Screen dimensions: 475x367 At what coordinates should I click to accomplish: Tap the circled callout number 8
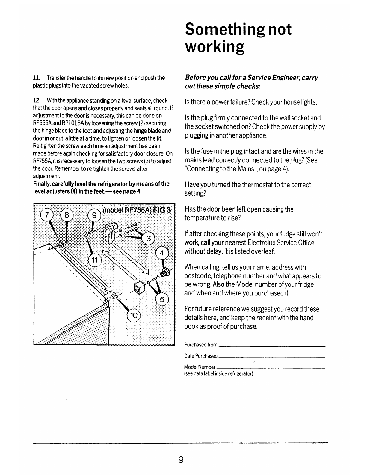(67, 215)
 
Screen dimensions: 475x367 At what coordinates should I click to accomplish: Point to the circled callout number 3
(148, 239)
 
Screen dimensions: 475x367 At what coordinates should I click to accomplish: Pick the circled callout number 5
(162, 300)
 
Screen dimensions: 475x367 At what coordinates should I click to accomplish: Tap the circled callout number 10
(134, 315)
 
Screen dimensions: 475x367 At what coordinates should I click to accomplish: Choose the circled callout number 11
(95, 260)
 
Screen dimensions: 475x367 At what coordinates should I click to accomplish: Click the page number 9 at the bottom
(181, 459)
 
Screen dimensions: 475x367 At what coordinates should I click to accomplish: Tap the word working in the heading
(215, 47)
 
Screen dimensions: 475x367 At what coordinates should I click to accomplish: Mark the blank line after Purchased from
(272, 346)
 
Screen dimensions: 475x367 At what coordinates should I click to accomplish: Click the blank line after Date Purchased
(272, 357)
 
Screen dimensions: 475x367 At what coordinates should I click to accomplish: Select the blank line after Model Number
(271, 368)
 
